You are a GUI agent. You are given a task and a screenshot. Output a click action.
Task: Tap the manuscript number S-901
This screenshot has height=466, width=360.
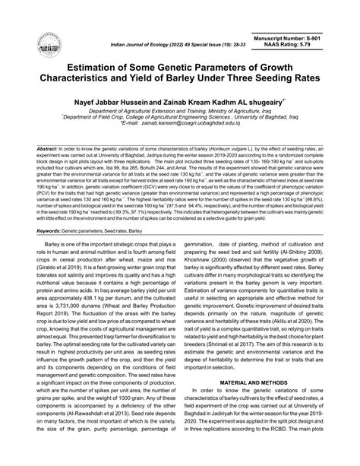click(326, 38)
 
